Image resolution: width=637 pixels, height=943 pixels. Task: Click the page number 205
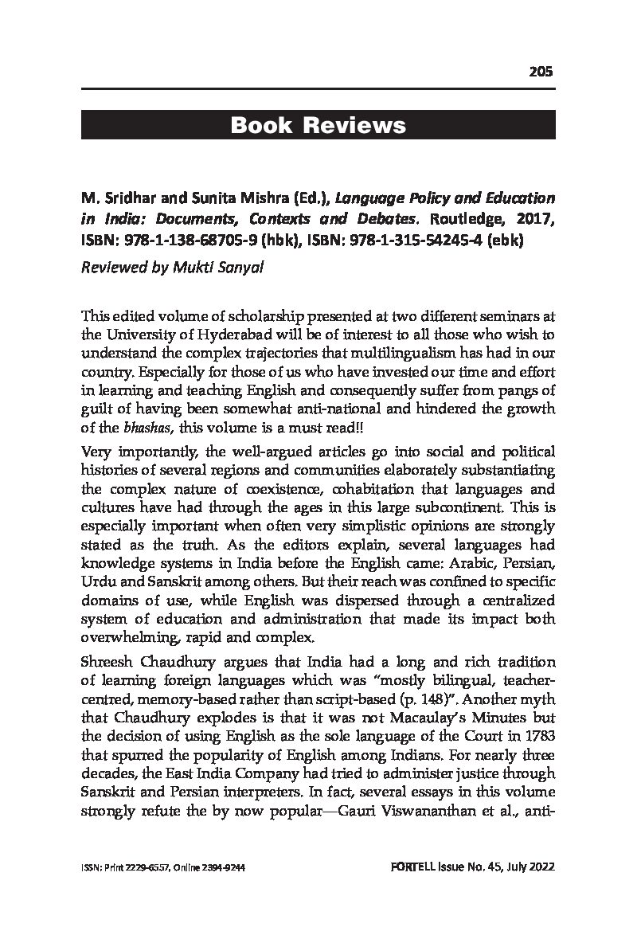tap(541, 72)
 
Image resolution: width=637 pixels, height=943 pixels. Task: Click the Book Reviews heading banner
tap(318, 125)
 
